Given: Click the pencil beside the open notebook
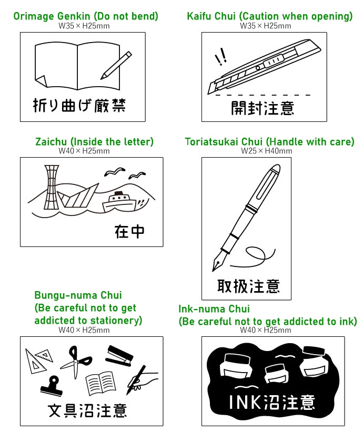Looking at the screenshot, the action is pyautogui.click(x=116, y=65).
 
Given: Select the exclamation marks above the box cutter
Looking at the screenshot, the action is pyautogui.click(x=221, y=56).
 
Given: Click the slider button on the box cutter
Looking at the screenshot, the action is pyautogui.click(x=273, y=61).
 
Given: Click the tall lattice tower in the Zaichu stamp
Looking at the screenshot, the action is pyautogui.click(x=51, y=187).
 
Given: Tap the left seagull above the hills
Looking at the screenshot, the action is pyautogui.click(x=115, y=172).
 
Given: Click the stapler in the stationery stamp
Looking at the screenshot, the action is pyautogui.click(x=119, y=356).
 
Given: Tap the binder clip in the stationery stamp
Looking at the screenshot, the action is pyautogui.click(x=52, y=386).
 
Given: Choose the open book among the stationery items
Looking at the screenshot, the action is pyautogui.click(x=100, y=383).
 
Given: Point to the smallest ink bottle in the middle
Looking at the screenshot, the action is pyautogui.click(x=276, y=373).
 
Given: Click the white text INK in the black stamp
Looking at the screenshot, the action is pyautogui.click(x=245, y=402).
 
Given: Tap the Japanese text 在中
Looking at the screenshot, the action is pyautogui.click(x=129, y=232).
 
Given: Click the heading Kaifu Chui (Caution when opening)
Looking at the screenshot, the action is pyautogui.click(x=269, y=16).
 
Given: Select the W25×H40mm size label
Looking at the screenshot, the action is pyautogui.click(x=267, y=151).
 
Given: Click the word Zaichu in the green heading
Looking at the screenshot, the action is pyautogui.click(x=51, y=142).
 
